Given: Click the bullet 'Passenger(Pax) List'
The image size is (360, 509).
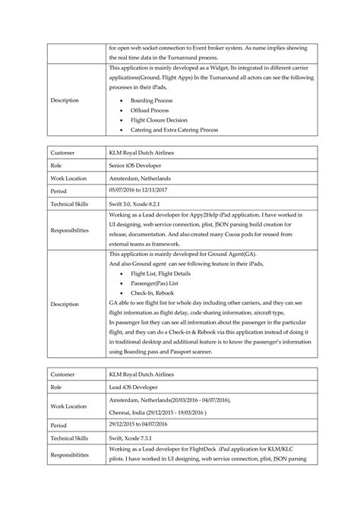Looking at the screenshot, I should point(158,282).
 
